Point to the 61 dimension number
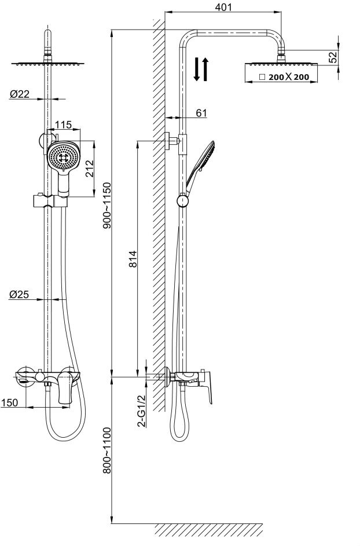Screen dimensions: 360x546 [201, 113]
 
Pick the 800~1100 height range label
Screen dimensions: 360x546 [106, 450]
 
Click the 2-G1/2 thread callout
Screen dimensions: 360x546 [141, 411]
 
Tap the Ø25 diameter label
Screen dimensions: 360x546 [19, 294]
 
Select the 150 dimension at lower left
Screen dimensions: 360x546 [9, 402]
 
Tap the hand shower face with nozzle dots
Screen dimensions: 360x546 [62, 155]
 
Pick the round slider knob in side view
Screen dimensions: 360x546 [183, 201]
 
